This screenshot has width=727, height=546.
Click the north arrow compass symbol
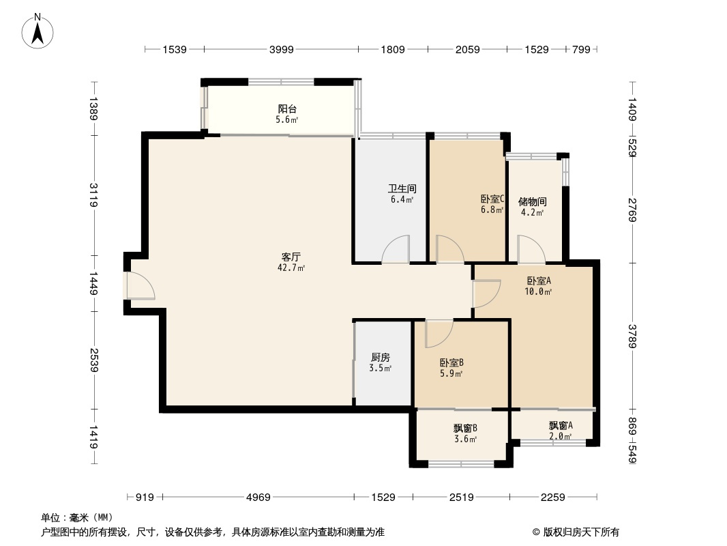pos(38,31)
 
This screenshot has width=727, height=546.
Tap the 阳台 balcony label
pos(287,109)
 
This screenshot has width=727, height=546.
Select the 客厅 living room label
pos(291,257)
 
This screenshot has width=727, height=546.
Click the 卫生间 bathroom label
pos(402,188)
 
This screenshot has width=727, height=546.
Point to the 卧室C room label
pos(492,199)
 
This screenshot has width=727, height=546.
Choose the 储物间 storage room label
pos(532,202)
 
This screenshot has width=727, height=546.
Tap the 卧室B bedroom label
pos(451,362)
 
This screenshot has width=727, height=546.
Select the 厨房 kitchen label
pos(381,357)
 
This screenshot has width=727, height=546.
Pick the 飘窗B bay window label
pos(465,428)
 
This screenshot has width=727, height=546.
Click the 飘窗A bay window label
pos(561,425)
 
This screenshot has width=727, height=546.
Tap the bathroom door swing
pos(396,250)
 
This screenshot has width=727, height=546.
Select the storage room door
pos(531,250)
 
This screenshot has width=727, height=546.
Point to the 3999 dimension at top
pos(281,49)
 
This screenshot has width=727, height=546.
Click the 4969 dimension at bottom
pos(259,498)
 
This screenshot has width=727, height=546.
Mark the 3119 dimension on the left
pos(93,196)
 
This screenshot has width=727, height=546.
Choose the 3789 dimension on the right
pos(632,335)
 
